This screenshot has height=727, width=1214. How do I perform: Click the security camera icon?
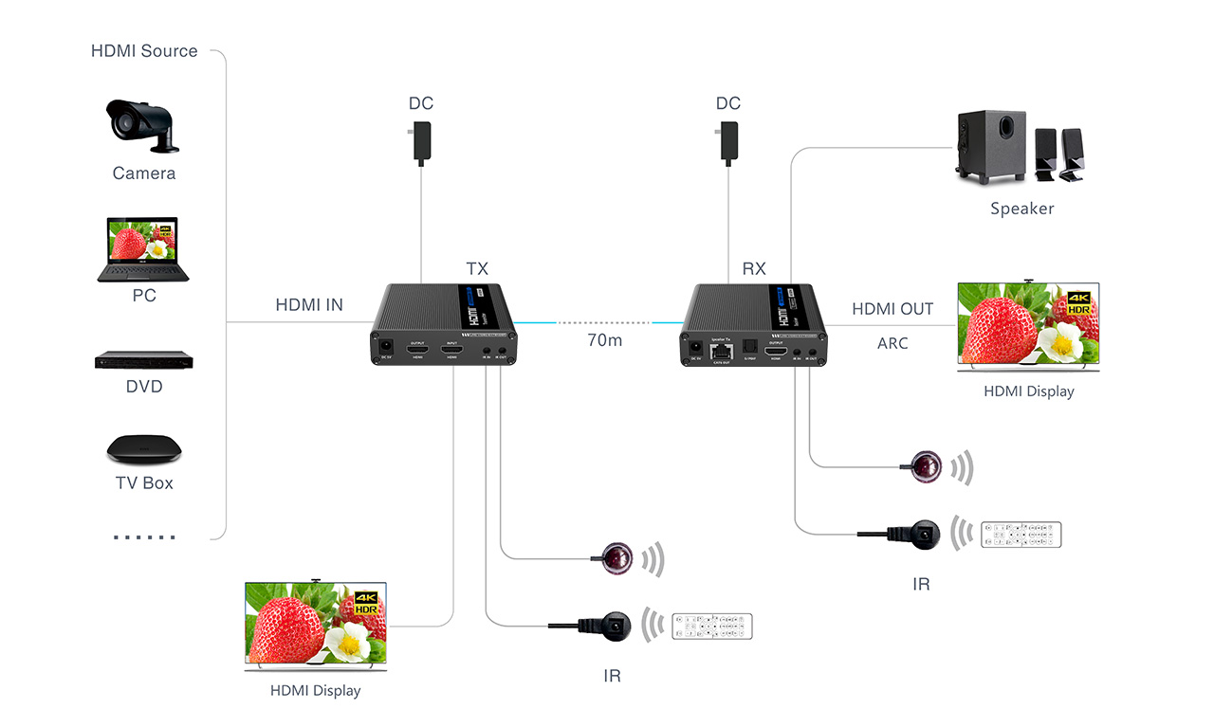tap(141, 125)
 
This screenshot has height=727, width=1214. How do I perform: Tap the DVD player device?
tap(144, 360)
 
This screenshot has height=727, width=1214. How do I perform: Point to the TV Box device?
tap(143, 448)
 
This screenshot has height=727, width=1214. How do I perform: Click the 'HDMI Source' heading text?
tap(144, 51)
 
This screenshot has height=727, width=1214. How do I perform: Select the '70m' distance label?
tap(605, 339)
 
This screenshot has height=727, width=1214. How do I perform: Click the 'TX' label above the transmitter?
tap(477, 269)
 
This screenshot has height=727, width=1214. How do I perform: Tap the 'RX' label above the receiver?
tap(754, 269)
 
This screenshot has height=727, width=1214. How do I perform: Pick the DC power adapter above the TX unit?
tap(421, 142)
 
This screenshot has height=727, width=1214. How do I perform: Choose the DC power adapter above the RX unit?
tap(727, 142)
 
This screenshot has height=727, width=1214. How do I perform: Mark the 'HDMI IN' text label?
tap(309, 305)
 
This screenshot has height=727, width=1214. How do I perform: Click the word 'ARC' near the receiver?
tap(892, 343)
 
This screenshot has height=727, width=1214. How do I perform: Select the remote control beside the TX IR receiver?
tap(711, 626)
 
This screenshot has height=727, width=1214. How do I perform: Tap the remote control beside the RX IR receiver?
tap(1021, 535)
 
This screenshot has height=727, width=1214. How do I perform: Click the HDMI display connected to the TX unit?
tap(316, 627)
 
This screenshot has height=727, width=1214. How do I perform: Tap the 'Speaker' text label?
tap(1021, 209)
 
